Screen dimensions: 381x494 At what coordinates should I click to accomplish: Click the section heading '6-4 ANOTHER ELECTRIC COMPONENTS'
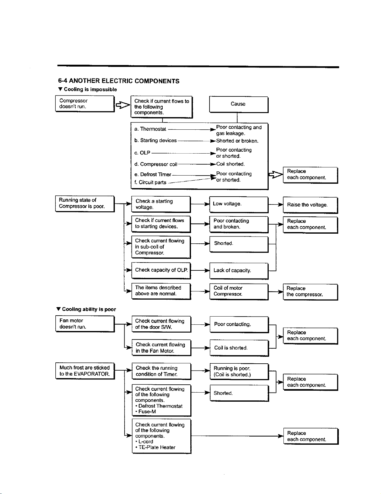coord(119,81)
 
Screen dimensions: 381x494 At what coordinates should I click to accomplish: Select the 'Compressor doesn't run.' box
coord(85,104)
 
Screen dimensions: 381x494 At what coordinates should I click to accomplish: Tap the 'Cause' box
coord(239,104)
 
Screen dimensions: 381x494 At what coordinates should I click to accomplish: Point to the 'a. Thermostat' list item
coord(150,129)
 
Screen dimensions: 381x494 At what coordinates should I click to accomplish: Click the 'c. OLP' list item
coord(142,153)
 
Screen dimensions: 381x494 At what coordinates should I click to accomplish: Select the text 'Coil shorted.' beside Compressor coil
coord(231,164)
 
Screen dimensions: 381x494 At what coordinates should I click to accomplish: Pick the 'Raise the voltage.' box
coord(311,205)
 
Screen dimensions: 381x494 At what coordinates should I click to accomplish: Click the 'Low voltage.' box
coord(239,204)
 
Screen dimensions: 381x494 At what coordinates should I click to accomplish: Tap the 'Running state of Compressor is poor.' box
coord(85,204)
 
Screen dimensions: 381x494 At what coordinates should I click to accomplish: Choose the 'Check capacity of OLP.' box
coord(161,270)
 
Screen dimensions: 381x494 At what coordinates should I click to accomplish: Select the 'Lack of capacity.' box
coord(239,271)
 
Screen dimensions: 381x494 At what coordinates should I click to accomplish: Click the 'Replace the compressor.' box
coord(311,292)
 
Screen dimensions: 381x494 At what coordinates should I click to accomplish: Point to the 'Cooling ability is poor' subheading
coord(86,309)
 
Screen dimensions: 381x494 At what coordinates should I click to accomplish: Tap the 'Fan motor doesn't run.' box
coord(85,324)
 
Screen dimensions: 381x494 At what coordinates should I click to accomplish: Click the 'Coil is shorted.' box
coord(239,348)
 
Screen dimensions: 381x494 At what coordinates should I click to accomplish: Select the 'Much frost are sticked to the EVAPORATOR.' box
coord(85,371)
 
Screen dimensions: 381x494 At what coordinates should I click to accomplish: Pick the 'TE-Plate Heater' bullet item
coord(155,448)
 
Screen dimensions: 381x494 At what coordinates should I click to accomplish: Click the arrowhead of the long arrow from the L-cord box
coord(281,436)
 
